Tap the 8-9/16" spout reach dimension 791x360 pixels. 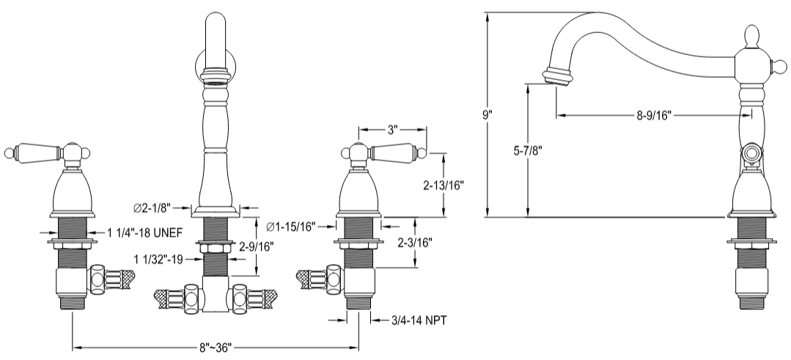tap(654, 114)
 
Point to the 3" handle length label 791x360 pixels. tap(392, 130)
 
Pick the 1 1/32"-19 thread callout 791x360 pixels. tap(158, 258)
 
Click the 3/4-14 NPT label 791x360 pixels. tap(411, 320)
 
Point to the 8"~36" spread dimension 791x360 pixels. tap(216, 345)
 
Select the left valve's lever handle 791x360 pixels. tap(32, 152)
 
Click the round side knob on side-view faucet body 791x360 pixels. tap(751, 153)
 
